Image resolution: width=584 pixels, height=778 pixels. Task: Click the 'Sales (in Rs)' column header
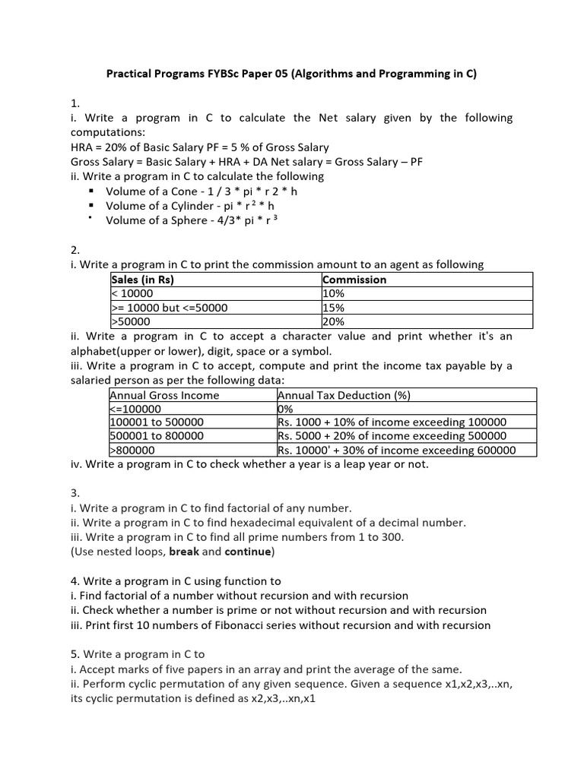pyautogui.click(x=142, y=280)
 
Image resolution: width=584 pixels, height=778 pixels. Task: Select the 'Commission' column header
pyautogui.click(x=354, y=280)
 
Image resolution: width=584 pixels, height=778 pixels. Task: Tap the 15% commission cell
pyautogui.click(x=334, y=308)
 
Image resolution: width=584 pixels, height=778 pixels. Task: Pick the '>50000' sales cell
pyautogui.click(x=131, y=322)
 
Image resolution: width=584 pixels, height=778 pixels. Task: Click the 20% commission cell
pyautogui.click(x=334, y=322)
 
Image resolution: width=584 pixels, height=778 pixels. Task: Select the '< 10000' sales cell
pyautogui.click(x=132, y=294)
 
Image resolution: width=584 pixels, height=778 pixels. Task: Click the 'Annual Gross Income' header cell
pyautogui.click(x=164, y=395)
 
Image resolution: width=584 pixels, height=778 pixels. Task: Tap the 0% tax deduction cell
pyautogui.click(x=286, y=409)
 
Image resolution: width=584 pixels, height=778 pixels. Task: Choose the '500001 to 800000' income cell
pyautogui.click(x=157, y=436)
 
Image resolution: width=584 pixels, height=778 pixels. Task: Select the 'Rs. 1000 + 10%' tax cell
pyautogui.click(x=392, y=422)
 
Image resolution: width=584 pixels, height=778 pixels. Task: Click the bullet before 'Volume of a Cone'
pyautogui.click(x=91, y=191)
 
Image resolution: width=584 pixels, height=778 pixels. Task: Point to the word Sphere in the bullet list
pyautogui.click(x=190, y=220)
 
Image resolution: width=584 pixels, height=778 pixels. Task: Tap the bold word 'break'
pyautogui.click(x=183, y=552)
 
